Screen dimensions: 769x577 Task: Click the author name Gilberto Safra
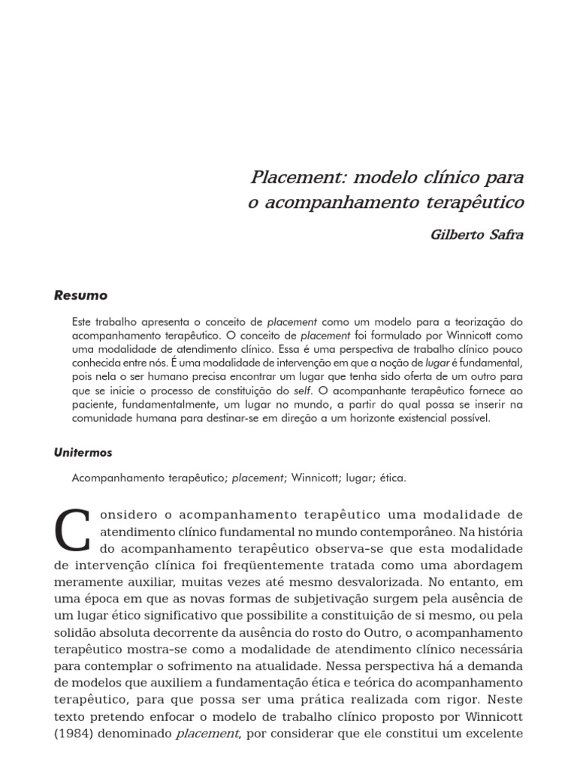point(476,234)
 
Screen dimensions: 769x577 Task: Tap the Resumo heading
point(80,296)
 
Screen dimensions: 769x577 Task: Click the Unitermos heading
point(83,453)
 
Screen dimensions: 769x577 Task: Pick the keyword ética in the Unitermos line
point(392,478)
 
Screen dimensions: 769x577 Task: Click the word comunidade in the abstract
point(104,419)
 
